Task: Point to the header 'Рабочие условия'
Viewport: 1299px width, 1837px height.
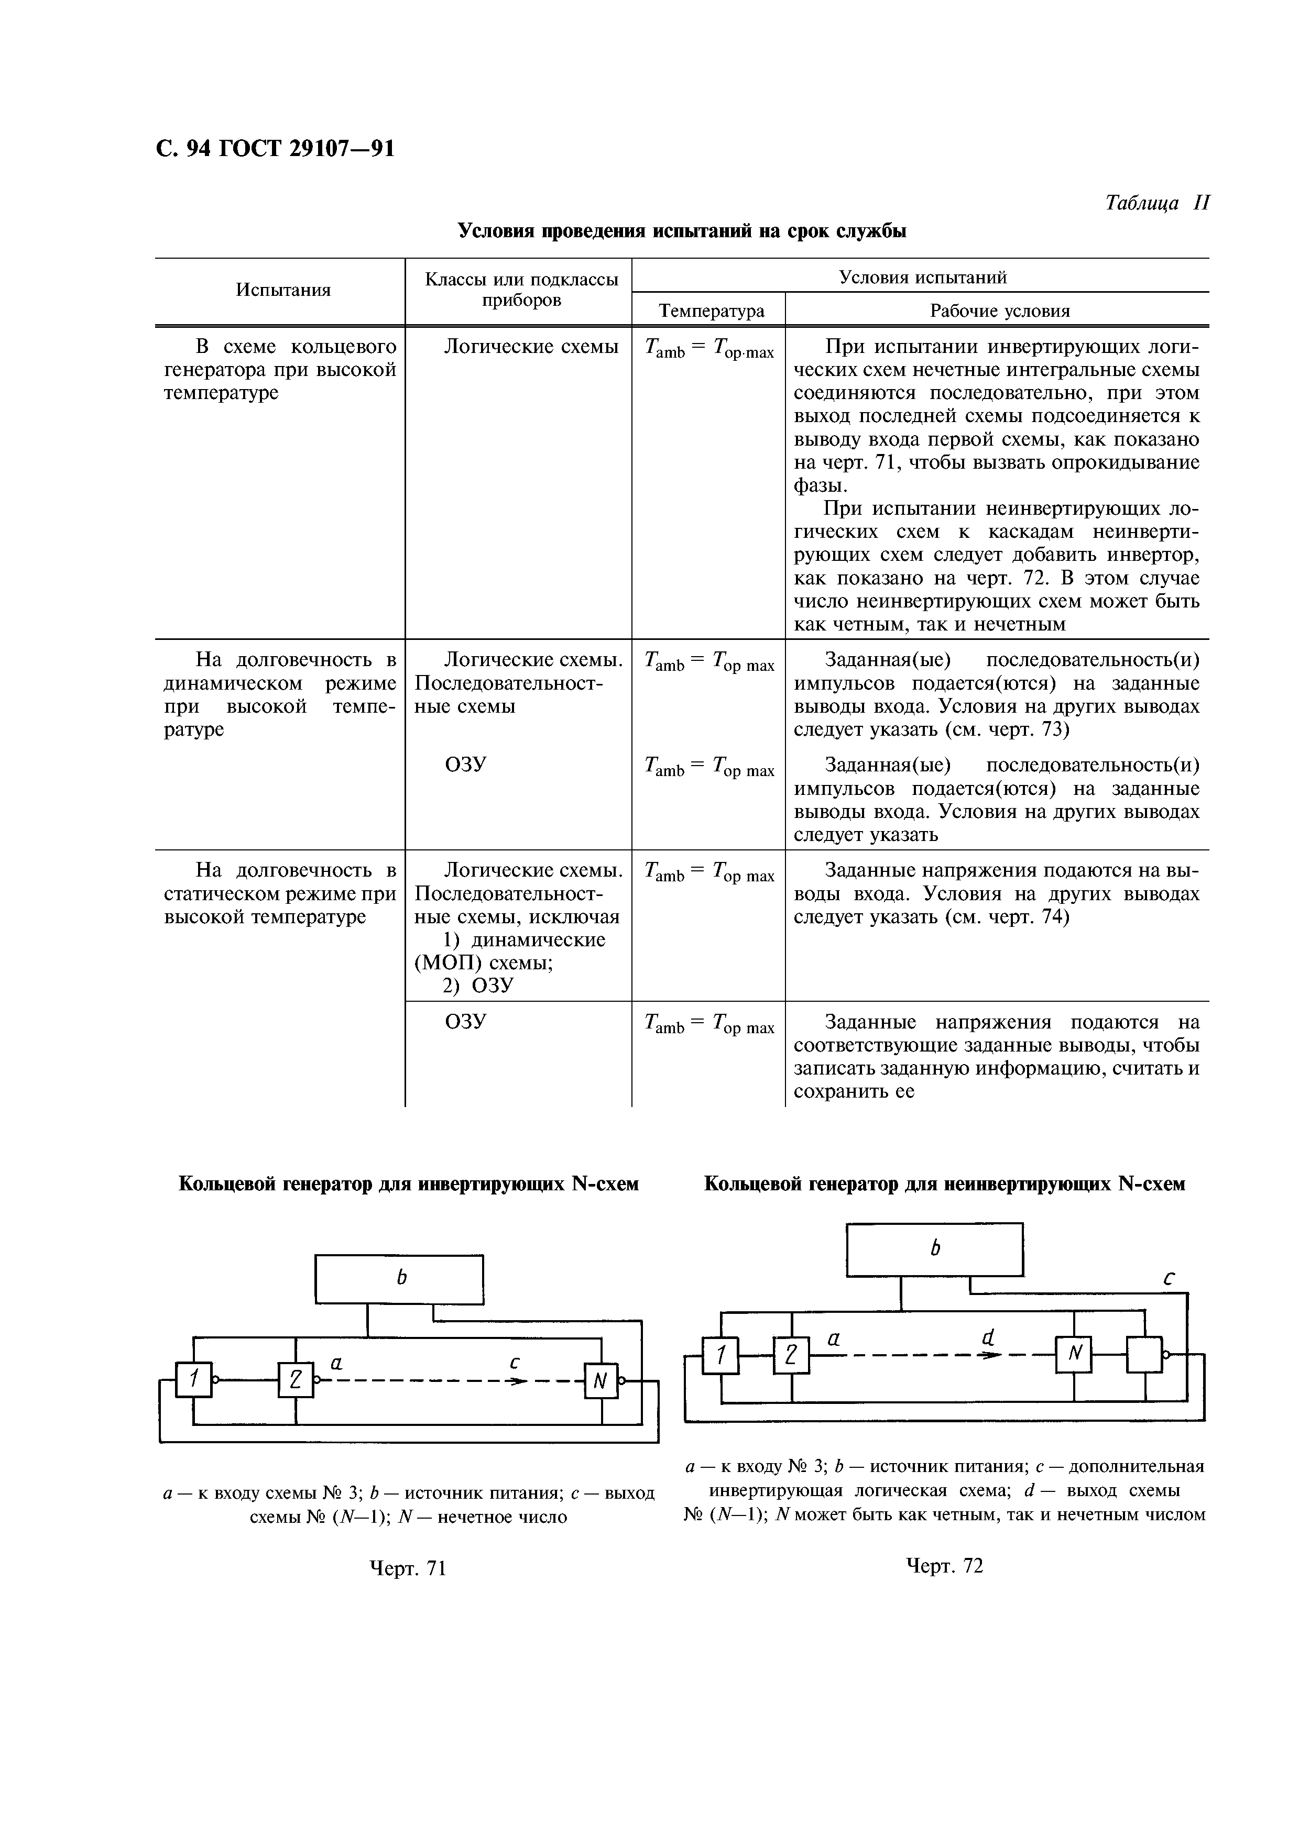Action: (999, 311)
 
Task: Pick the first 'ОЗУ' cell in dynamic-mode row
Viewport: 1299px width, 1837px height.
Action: (465, 765)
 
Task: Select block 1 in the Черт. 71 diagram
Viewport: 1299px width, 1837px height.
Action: (194, 1379)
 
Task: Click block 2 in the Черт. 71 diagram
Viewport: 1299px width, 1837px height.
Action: (296, 1379)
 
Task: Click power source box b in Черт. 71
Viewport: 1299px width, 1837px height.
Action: (399, 1279)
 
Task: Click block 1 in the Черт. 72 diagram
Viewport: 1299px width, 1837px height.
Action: (721, 1355)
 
